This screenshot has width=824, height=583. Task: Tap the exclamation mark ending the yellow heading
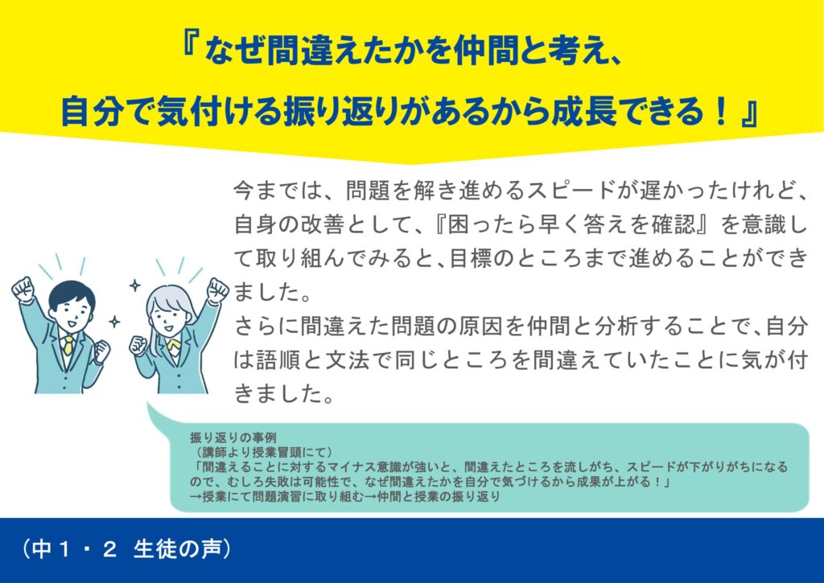(723, 111)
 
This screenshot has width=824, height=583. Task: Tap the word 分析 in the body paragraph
(616, 326)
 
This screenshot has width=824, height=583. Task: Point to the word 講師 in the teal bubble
(214, 452)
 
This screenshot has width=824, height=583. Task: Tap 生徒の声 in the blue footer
(177, 549)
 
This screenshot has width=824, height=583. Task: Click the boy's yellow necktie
(68, 346)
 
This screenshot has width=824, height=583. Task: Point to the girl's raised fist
(217, 290)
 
